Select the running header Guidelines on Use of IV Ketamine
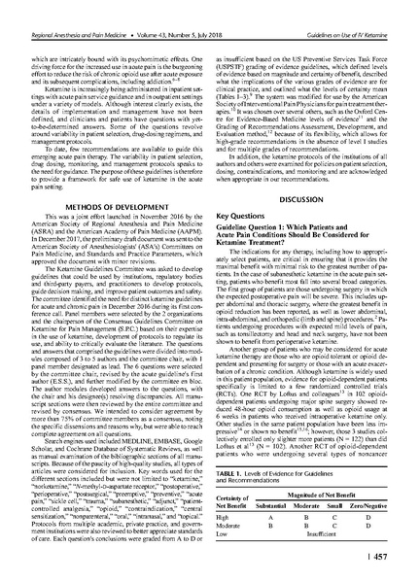click(354, 10)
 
